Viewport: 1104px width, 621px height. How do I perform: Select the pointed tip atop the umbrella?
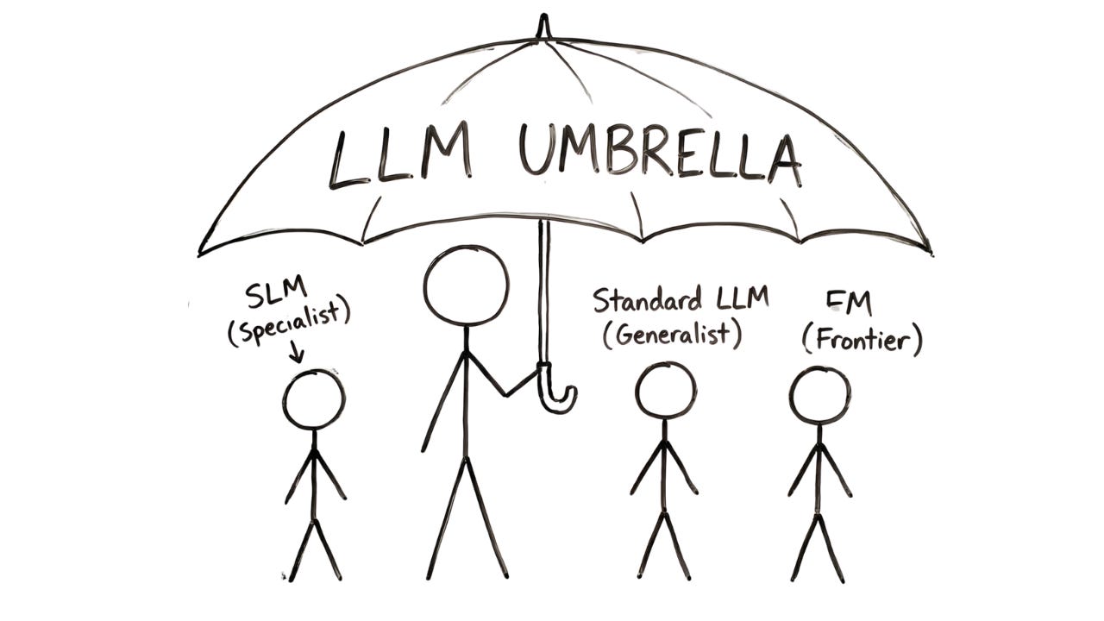tap(543, 26)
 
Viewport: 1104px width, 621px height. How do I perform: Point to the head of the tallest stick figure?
tap(466, 285)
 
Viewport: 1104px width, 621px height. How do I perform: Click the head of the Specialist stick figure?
tap(313, 399)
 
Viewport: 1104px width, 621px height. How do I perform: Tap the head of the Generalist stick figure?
tap(665, 391)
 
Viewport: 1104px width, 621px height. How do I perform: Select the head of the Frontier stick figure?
tap(819, 395)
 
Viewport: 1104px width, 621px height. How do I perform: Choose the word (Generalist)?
tap(672, 333)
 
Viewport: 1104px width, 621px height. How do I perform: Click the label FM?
tap(849, 304)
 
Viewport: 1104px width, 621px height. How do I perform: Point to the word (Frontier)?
tap(862, 340)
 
